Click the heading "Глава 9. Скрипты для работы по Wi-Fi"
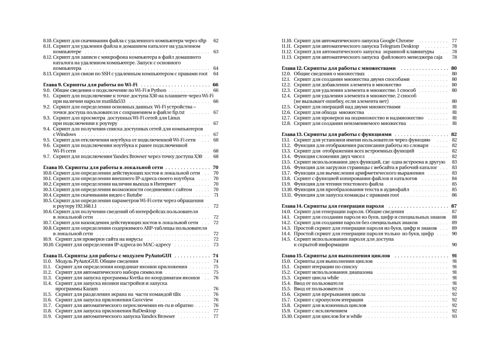[91, 85]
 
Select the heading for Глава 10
[103, 168]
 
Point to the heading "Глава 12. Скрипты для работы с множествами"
[338, 68]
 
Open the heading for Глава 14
[333, 206]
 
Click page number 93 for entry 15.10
[454, 316]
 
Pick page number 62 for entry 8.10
[216, 41]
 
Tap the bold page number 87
[454, 206]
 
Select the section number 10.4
[47, 195]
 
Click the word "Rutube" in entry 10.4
[134, 195]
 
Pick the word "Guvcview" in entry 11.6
[142, 300]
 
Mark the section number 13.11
[286, 195]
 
